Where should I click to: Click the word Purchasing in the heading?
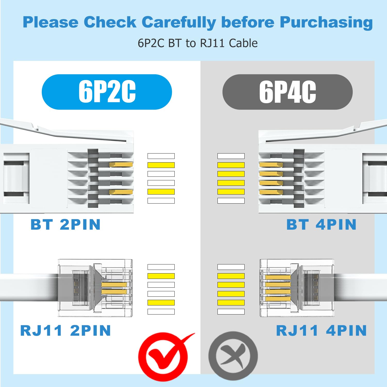326,23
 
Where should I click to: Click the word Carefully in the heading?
179,23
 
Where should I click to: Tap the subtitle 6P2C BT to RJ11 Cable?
198,43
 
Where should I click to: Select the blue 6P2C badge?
107,92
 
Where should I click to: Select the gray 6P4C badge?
287,92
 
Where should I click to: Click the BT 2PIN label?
66,224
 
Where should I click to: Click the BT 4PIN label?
321,224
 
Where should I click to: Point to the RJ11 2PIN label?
66,330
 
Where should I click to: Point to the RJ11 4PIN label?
321,330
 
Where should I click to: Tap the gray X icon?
233,356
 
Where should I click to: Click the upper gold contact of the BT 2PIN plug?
121,164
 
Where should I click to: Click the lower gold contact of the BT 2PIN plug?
121,192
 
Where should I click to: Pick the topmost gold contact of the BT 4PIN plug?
271,165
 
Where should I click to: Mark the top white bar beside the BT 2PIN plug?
161,156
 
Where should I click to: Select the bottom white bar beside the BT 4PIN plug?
231,201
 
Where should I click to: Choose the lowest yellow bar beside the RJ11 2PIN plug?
161,303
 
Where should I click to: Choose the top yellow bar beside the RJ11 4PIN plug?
231,276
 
